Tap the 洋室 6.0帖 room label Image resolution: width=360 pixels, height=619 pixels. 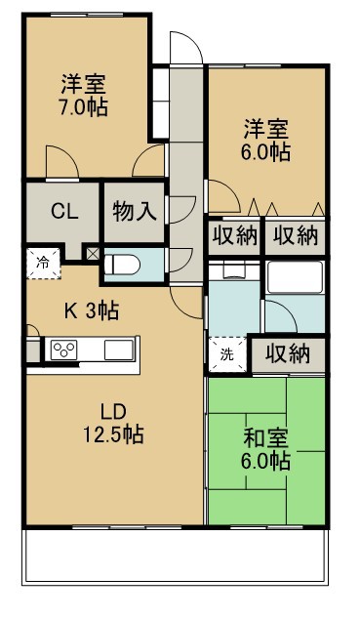tap(265, 139)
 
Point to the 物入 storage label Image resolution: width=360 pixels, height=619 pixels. tap(135, 210)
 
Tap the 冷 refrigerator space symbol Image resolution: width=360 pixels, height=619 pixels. tap(43, 262)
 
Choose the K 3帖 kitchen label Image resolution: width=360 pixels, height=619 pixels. tap(92, 311)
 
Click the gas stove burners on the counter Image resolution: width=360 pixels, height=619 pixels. tap(66, 350)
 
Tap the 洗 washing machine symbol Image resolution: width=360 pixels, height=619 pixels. tap(226, 354)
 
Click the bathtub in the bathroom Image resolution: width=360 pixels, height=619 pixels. tap(296, 277)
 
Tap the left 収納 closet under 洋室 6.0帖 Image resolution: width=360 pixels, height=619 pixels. tap(232, 235)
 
